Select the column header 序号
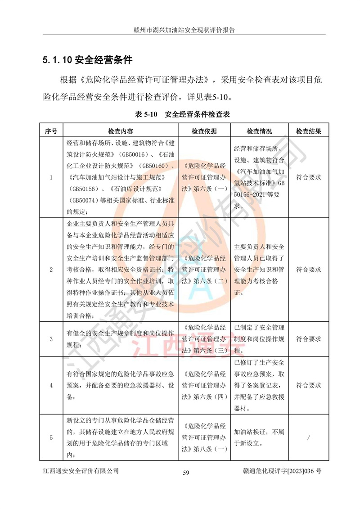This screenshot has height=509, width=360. [x=51, y=131]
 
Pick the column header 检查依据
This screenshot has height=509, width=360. [x=204, y=131]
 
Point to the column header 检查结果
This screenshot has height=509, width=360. [x=308, y=131]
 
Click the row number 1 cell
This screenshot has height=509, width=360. [x=51, y=177]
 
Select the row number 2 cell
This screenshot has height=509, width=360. [x=51, y=270]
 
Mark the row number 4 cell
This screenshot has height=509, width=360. [x=51, y=386]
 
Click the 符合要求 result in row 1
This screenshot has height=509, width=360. [x=308, y=177]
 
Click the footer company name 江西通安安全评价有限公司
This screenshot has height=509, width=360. [x=81, y=471]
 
